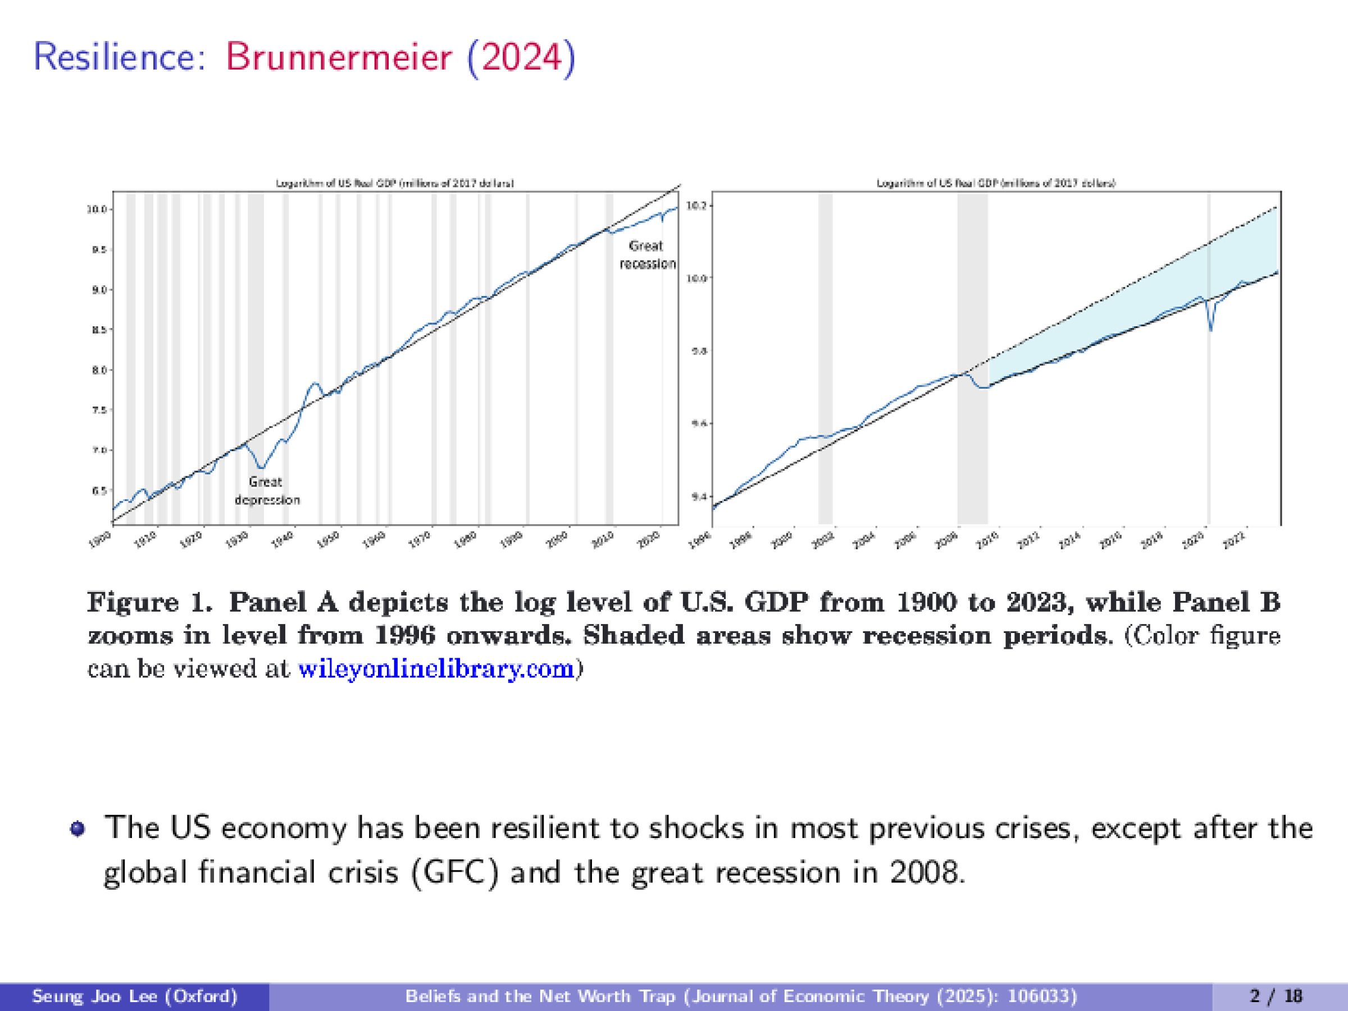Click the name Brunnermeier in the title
(x=339, y=57)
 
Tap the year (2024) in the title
(x=521, y=57)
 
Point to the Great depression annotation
(x=266, y=490)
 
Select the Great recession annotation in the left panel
(x=646, y=255)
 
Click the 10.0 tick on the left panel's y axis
(x=98, y=209)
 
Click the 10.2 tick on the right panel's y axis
(x=696, y=206)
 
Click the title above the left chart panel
(x=395, y=183)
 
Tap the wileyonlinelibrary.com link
(x=436, y=669)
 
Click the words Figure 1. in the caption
(x=150, y=602)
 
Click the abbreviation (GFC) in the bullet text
(x=455, y=872)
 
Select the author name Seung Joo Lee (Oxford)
(x=134, y=996)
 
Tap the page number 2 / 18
(x=1276, y=996)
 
